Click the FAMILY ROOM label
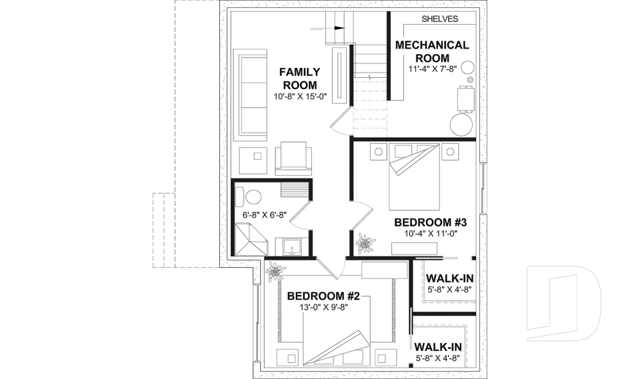click(300, 78)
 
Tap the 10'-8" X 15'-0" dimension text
click(300, 96)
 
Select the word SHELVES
click(439, 19)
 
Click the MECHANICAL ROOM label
click(432, 51)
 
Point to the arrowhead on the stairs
click(341, 29)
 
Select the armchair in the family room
click(293, 158)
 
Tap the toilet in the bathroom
click(251, 196)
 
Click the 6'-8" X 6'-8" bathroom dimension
click(264, 215)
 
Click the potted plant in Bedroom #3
click(365, 244)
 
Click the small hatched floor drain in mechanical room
click(470, 80)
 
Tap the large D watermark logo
click(563, 300)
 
